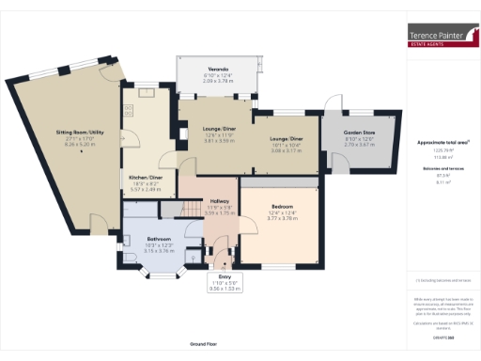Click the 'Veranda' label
218,70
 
